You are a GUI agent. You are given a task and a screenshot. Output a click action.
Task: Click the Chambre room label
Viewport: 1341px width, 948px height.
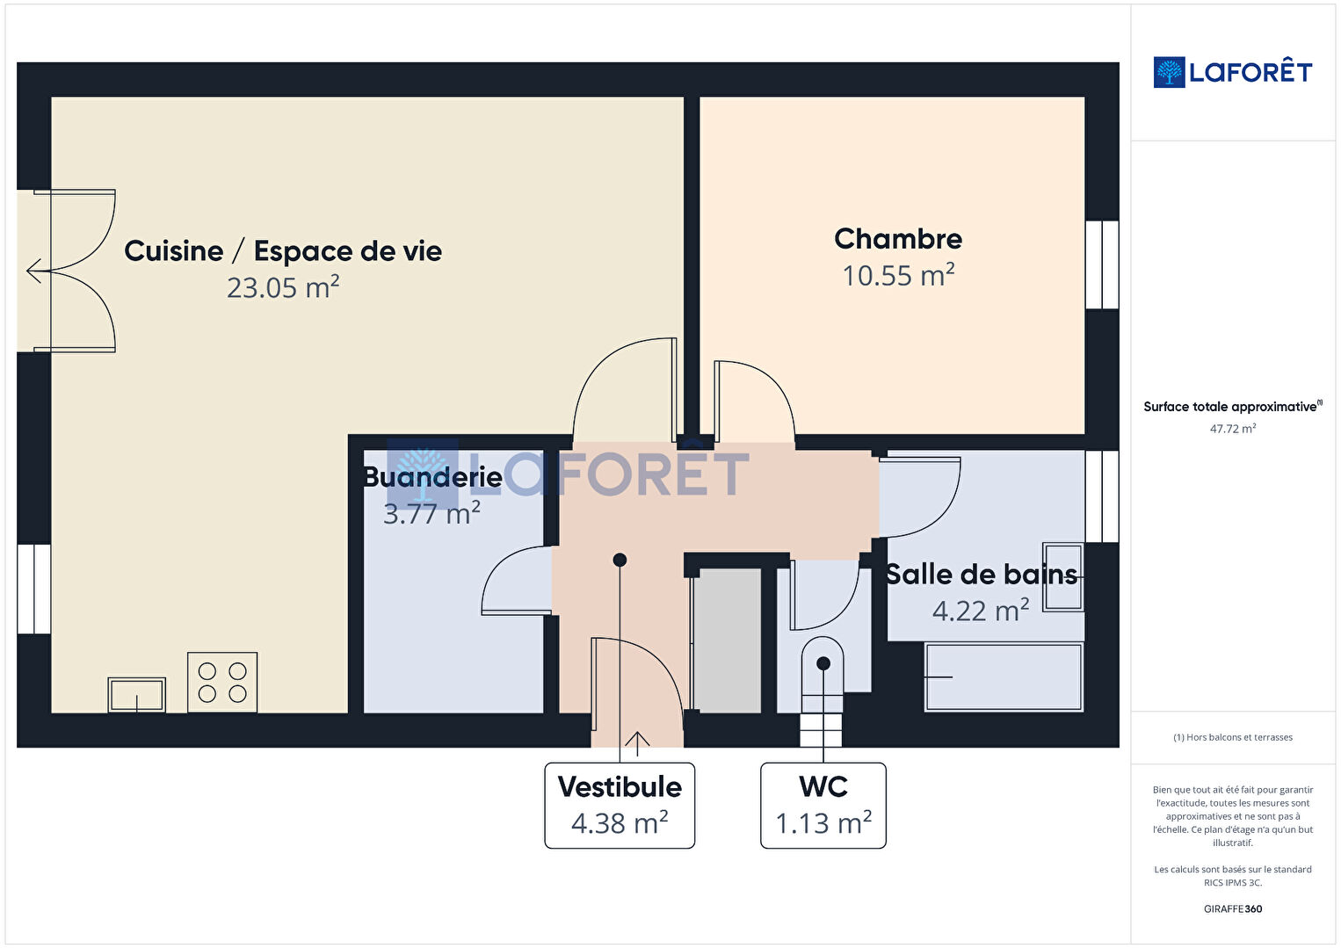(898, 239)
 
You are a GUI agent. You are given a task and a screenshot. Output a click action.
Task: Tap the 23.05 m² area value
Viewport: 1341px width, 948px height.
(283, 287)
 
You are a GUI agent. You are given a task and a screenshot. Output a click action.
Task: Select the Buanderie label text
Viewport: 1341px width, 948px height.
(433, 477)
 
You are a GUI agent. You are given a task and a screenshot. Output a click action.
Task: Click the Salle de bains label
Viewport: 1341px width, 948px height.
(982, 574)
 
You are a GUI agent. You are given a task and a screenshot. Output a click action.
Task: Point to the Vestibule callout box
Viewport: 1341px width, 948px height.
(620, 805)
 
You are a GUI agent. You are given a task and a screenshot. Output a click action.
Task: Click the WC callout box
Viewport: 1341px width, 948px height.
(823, 805)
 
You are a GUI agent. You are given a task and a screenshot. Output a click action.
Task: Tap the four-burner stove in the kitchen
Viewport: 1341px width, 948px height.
(222, 683)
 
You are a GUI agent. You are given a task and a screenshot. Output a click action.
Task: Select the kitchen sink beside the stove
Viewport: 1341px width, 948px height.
(136, 694)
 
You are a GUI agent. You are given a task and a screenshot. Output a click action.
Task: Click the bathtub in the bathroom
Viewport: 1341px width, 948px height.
(1004, 677)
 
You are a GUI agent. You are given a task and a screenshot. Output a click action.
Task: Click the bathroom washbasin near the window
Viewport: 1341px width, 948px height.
(1063, 577)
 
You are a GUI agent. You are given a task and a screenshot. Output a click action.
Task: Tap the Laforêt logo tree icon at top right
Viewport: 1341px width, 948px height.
(1169, 72)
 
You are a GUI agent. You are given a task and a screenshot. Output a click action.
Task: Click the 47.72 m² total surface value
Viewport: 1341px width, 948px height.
(1233, 429)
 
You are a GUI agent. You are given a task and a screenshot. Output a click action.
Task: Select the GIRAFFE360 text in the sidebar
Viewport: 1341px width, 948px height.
(1233, 908)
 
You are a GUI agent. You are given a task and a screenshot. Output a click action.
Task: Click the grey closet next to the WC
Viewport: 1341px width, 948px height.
(726, 640)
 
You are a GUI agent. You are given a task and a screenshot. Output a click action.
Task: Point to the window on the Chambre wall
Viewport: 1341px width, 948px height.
(1102, 264)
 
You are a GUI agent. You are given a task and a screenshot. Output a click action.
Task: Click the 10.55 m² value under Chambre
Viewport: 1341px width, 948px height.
(898, 275)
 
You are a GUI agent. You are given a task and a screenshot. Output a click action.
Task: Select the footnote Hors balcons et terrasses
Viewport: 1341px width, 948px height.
(1233, 737)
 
